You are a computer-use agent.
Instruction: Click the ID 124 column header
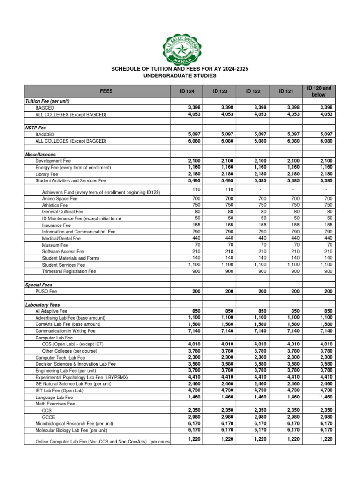(x=187, y=91)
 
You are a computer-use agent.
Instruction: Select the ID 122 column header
(x=253, y=91)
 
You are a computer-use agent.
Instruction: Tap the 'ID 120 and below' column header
(x=319, y=91)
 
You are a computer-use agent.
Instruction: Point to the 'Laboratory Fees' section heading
(x=43, y=304)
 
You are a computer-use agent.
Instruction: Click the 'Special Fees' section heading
(x=38, y=285)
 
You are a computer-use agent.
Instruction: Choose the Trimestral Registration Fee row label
(x=68, y=271)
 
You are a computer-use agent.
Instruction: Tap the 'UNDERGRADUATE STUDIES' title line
(x=180, y=75)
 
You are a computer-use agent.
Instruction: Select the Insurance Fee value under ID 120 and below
(x=328, y=225)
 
